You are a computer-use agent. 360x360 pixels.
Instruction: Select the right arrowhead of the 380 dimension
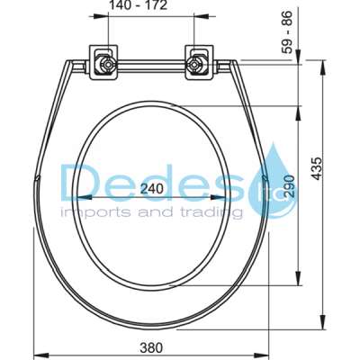pyautogui.click(x=269, y=351)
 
